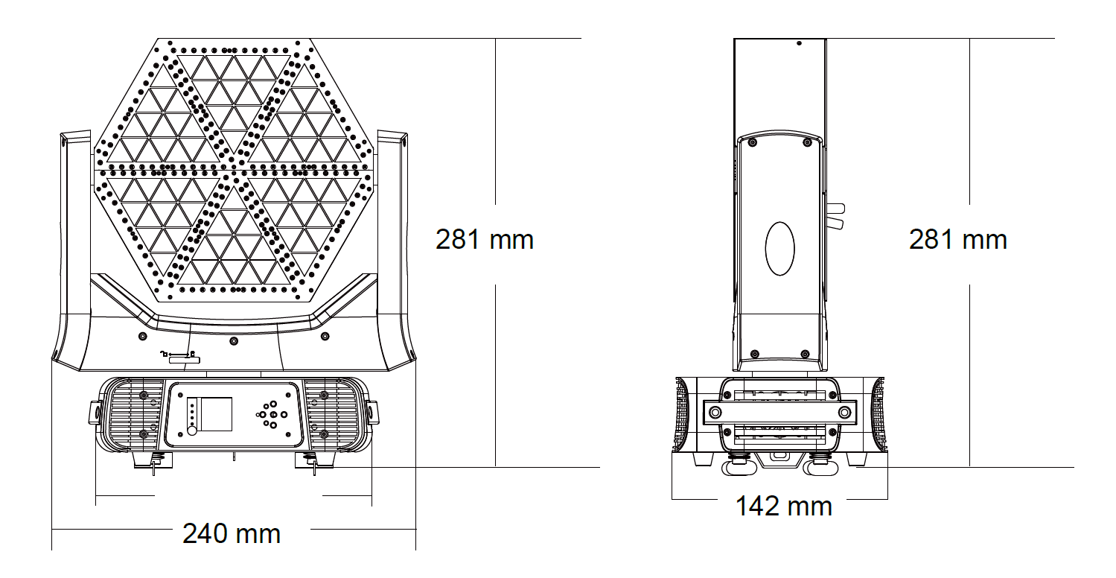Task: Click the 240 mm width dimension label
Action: point(232,533)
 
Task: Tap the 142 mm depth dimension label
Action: point(784,506)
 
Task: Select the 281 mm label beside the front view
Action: point(484,240)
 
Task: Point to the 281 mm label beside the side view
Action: point(958,240)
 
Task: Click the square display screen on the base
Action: point(215,414)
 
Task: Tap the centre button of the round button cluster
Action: point(273,414)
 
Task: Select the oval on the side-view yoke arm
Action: point(779,249)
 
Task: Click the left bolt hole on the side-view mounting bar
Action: point(715,413)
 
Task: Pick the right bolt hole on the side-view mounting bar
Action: point(844,413)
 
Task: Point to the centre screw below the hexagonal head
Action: point(234,341)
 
